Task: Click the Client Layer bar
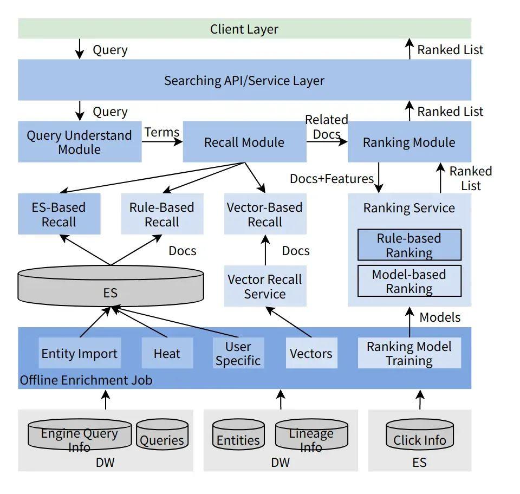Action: tap(244, 29)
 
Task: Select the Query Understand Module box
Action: tap(80, 142)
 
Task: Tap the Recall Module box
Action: tap(244, 142)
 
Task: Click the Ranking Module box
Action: tap(409, 142)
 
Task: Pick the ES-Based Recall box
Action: tap(59, 214)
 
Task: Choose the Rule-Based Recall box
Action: tap(162, 214)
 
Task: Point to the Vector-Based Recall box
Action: tap(265, 214)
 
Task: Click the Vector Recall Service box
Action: tap(265, 286)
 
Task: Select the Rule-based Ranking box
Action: tap(409, 245)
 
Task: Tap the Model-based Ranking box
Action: tap(409, 281)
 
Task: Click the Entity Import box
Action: tap(80, 353)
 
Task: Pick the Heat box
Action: tap(167, 353)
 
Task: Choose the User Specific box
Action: tap(238, 353)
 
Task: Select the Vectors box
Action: tap(311, 353)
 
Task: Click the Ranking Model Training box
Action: tap(409, 353)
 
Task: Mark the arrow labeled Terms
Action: tap(162, 142)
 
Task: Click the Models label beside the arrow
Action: tap(440, 317)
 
